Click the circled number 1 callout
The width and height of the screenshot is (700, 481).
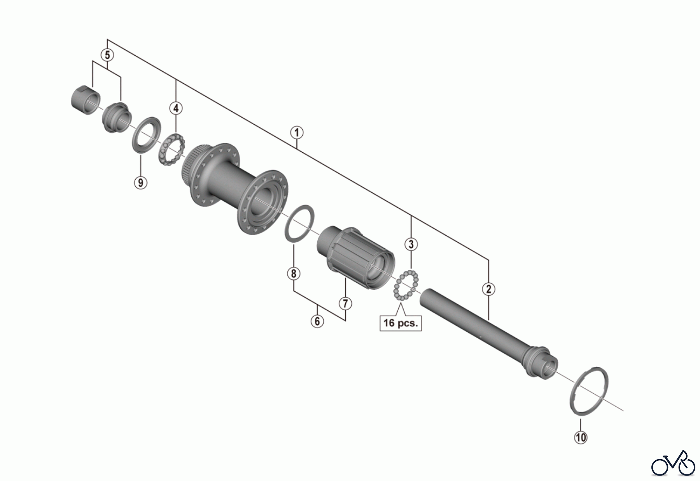(x=297, y=132)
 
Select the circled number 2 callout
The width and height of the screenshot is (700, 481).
(x=488, y=289)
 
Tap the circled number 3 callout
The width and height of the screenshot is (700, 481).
(x=411, y=245)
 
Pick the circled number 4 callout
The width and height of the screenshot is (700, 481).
(x=176, y=108)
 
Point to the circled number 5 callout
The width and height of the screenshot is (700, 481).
(x=107, y=55)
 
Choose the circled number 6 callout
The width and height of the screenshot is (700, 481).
(x=317, y=321)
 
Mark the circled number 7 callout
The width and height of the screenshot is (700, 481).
(x=345, y=303)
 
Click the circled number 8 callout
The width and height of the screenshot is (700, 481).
(x=294, y=274)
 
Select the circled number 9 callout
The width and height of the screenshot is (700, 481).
(x=141, y=182)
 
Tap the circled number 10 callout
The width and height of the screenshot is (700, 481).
(x=581, y=437)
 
